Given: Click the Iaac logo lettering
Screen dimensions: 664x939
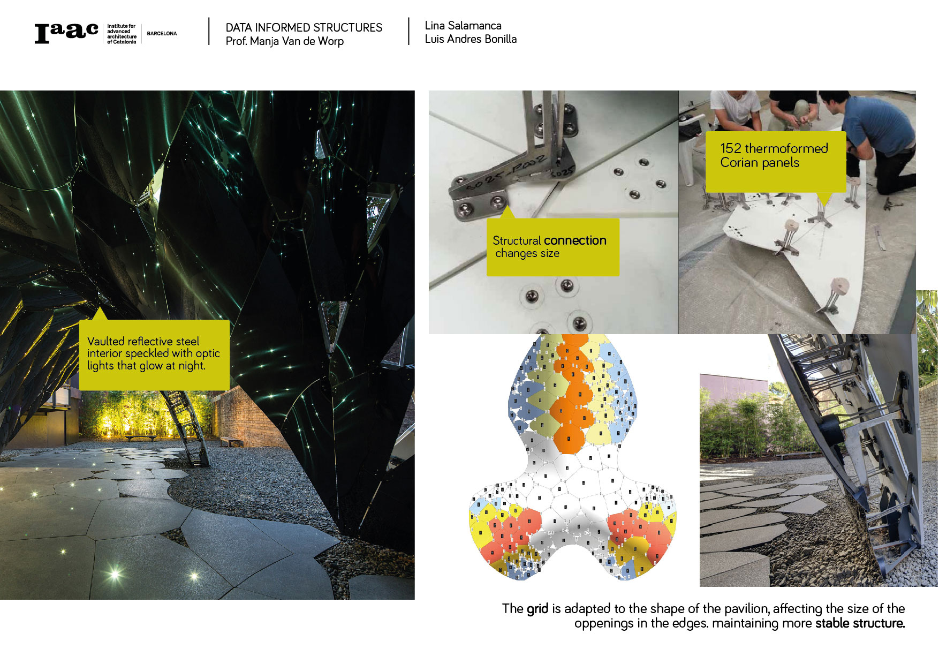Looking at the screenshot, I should [66, 33].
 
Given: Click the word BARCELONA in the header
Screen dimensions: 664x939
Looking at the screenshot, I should [162, 34].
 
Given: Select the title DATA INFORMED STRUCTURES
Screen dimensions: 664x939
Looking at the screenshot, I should [304, 28].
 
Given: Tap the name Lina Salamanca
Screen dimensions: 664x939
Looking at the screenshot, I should [463, 26].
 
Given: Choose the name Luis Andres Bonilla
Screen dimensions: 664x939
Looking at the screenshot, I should [471, 39].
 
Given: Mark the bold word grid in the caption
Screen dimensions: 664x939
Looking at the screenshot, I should [537, 609].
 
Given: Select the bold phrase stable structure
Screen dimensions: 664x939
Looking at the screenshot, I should [860, 623].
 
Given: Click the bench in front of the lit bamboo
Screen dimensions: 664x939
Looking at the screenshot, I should [141, 438].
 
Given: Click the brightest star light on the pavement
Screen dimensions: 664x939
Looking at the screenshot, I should [115, 575].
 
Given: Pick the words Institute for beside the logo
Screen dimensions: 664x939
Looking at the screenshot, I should [122, 26].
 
